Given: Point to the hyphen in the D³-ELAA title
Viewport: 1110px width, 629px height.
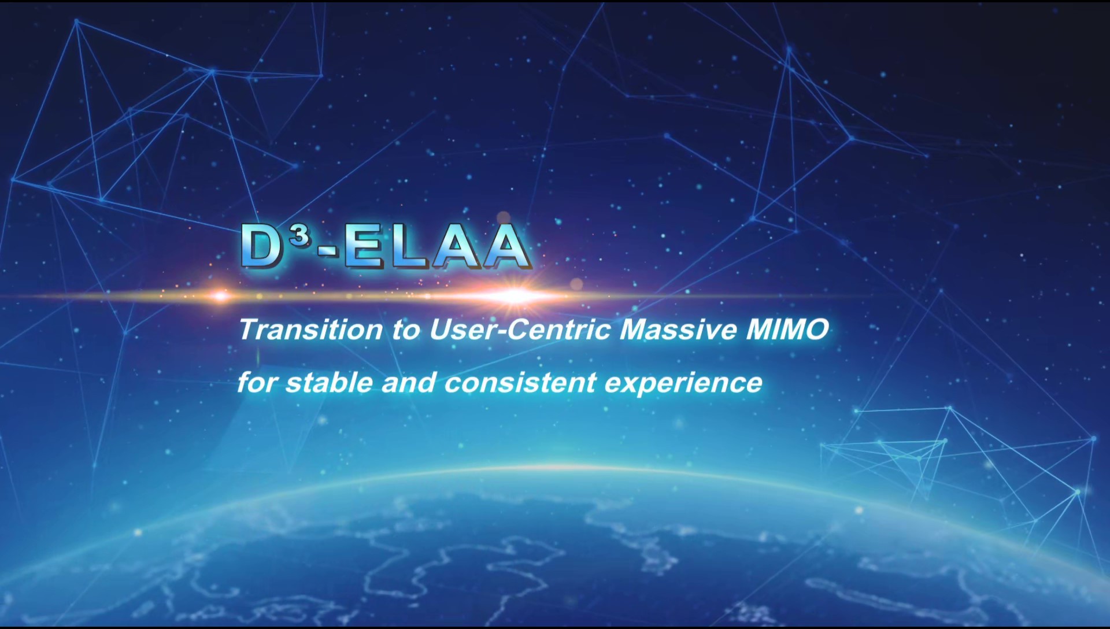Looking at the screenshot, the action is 328,250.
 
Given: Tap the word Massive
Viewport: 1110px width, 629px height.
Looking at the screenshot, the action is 679,330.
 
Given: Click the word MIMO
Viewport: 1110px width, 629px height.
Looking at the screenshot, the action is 787,330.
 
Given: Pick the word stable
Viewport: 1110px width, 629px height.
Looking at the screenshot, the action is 329,383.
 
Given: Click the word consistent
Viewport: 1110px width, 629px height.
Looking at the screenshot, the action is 520,383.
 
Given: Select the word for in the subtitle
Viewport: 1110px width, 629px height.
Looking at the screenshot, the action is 257,382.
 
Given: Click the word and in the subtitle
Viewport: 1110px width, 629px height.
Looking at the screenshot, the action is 408,383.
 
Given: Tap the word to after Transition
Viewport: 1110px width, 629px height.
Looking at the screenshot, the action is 406,330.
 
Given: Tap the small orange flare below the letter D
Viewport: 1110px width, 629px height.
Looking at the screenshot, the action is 220,297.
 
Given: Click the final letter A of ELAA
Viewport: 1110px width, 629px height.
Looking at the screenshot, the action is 506,246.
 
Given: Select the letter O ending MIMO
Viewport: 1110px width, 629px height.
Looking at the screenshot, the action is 816,330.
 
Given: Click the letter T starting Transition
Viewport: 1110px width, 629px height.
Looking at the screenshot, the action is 250,330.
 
